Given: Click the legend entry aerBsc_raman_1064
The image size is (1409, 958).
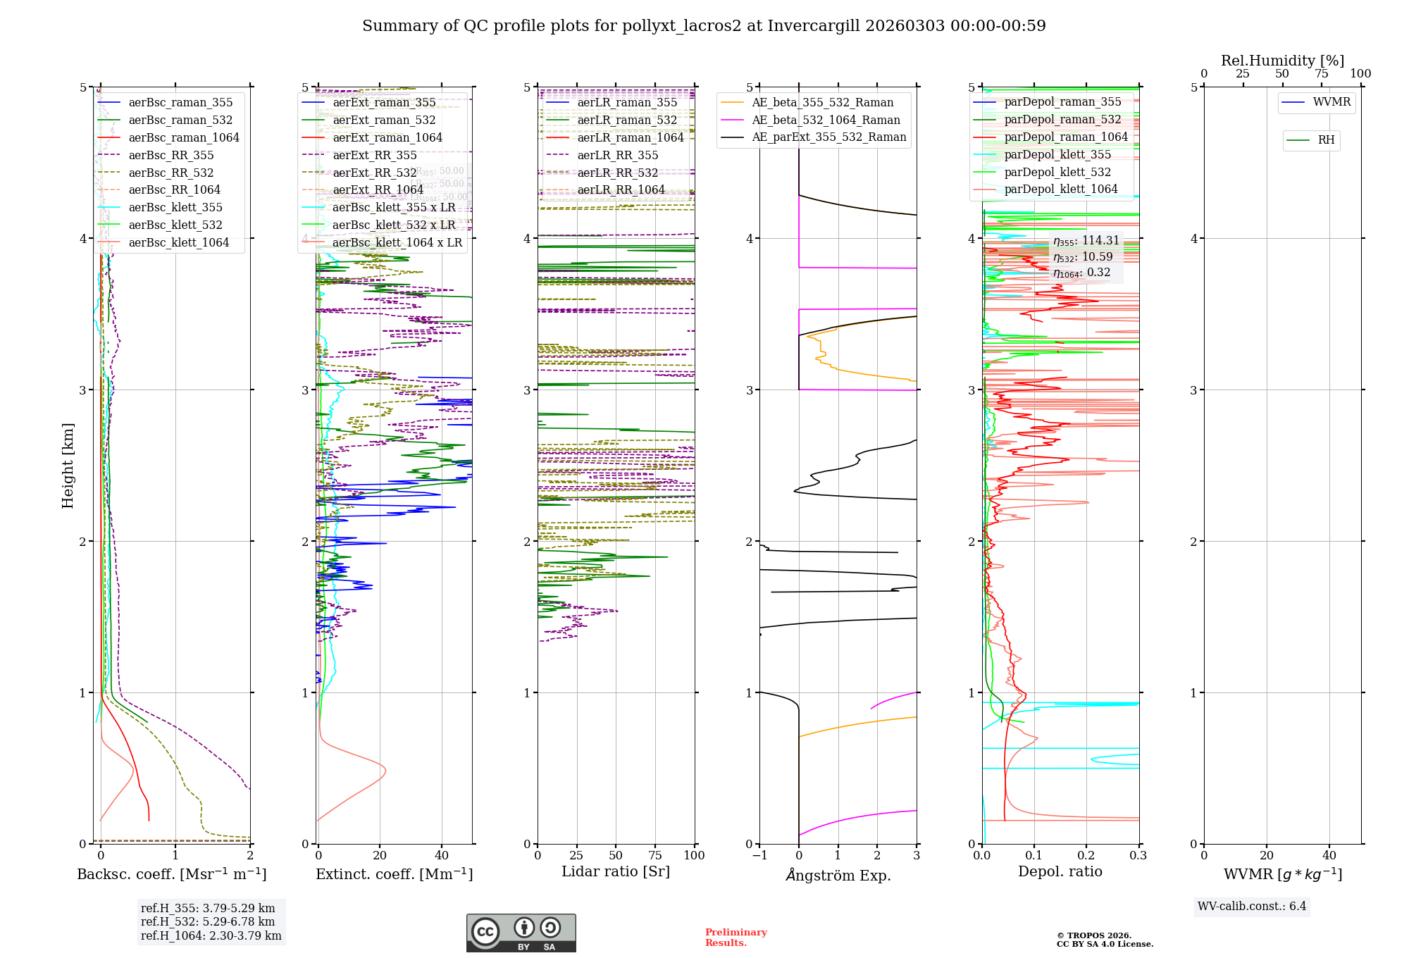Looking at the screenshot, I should pos(184,138).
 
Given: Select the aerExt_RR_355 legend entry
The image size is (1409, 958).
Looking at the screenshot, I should pos(375,156).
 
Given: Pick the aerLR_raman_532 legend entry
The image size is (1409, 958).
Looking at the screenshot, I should pos(627,120).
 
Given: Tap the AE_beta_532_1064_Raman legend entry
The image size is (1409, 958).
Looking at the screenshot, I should pos(826,120).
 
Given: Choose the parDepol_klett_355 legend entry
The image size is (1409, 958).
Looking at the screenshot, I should pos(1057,155).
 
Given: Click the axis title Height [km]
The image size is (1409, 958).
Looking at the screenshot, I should pos(68,466).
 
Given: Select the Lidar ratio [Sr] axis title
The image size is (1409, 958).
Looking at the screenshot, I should pos(616,872).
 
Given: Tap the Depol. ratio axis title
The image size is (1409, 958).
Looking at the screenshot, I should pos(1060,872).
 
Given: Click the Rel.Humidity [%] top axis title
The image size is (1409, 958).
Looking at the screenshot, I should pos(1282,61).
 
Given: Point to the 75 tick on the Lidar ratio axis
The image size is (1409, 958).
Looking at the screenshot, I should pos(655,856).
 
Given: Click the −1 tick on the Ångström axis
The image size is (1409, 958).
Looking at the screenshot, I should pos(759,856).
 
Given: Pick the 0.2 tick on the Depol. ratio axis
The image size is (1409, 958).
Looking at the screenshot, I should pos(1086,856).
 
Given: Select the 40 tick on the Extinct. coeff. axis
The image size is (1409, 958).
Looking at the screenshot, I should pos(442,856).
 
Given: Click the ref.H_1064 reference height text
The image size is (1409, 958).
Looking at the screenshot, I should pos(211,936).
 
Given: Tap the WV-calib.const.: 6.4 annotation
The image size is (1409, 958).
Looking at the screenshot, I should pos(1252,907).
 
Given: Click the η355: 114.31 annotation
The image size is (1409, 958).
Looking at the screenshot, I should pos(1086,241).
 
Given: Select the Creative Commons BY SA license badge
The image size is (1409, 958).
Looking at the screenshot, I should pos(521,933).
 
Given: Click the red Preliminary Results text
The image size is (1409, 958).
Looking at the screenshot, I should pos(735,938).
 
